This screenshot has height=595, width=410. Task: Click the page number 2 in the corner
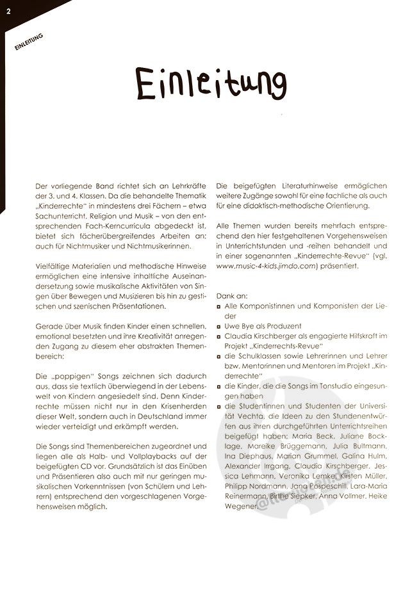[x=8, y=8]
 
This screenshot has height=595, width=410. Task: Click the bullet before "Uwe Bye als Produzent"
[x=219, y=325]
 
